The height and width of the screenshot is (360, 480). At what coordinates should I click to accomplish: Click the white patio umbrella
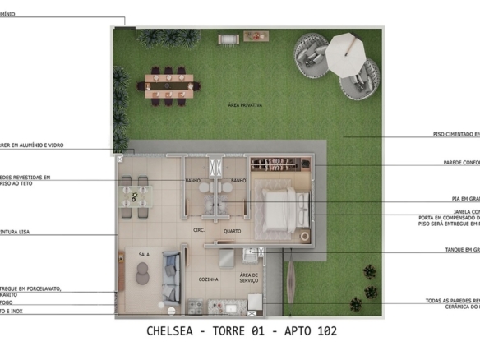tap(344, 53)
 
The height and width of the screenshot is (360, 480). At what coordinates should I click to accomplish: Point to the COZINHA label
tap(209, 279)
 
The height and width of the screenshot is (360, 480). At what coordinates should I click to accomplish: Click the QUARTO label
tap(232, 231)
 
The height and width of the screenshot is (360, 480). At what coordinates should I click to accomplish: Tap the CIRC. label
tap(199, 231)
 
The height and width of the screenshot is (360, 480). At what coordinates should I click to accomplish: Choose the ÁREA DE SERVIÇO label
tap(249, 279)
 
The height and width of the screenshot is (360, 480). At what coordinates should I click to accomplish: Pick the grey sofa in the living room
tap(170, 276)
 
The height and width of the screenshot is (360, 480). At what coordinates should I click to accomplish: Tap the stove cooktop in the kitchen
tap(197, 308)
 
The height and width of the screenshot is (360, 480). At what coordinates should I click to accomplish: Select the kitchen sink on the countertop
tap(230, 308)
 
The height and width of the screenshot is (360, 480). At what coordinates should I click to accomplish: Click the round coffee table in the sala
tap(142, 277)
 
